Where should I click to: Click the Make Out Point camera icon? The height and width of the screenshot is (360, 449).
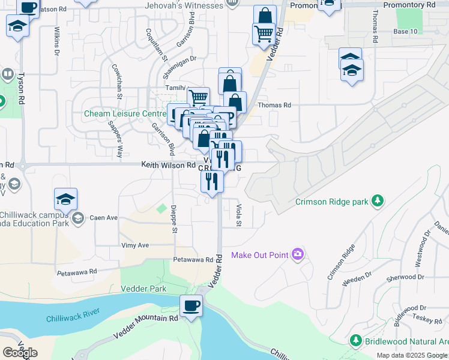tap(297, 255)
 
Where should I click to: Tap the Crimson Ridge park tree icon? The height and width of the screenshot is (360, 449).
tap(378, 200)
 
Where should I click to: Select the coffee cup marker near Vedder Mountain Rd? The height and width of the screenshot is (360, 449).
tap(191, 306)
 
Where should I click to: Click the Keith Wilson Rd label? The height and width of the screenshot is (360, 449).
tap(169, 164)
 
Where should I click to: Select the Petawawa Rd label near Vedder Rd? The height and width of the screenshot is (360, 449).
tap(193, 260)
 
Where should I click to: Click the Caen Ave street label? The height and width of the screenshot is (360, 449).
tap(103, 218)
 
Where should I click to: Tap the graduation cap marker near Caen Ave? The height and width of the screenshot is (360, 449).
tap(66, 199)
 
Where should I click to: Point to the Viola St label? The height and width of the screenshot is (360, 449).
tap(238, 215)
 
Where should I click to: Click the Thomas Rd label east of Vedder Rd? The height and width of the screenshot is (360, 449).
tap(274, 105)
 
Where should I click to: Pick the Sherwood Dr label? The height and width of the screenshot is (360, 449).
tap(405, 277)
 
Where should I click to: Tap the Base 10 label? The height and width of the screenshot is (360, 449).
tap(405, 31)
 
